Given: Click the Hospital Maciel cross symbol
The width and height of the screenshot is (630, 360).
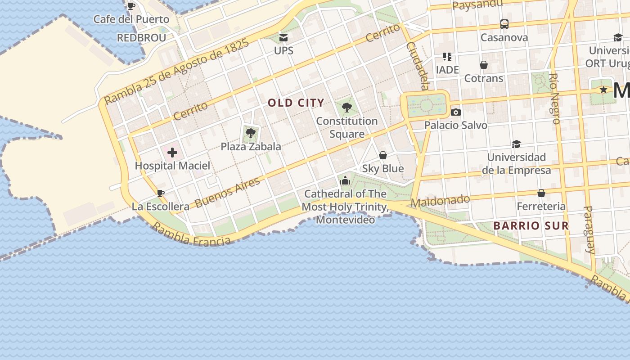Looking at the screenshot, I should [x=172, y=153].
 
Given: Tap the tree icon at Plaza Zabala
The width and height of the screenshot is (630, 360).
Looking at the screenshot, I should [x=251, y=133].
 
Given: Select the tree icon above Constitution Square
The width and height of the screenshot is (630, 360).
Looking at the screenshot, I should [x=346, y=108].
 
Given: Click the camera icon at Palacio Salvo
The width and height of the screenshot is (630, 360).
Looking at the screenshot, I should [x=455, y=112].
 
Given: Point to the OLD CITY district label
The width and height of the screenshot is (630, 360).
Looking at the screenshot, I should [x=296, y=103].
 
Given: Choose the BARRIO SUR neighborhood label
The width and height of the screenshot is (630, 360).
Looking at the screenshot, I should [x=531, y=226].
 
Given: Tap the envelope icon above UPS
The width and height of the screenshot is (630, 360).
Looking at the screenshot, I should [x=283, y=37].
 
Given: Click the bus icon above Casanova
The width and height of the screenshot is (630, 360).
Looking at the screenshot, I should [x=504, y=24].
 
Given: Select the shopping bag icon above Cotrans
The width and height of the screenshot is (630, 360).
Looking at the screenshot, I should [x=484, y=65].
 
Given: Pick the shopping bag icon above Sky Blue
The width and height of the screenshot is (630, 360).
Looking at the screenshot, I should [x=383, y=155].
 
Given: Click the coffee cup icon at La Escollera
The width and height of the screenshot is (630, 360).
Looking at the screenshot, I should [x=160, y=193].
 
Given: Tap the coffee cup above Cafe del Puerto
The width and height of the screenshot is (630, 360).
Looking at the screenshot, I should [x=131, y=6].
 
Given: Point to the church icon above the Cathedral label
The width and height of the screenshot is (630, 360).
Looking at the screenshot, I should [x=345, y=180].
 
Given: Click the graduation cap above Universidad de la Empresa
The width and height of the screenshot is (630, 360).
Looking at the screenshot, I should [x=516, y=144].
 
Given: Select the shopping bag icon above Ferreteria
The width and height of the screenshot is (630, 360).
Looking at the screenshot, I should [x=541, y=193].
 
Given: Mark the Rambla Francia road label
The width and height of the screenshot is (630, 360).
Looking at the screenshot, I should [x=192, y=235].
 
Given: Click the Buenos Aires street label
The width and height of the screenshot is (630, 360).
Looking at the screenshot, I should [x=228, y=193].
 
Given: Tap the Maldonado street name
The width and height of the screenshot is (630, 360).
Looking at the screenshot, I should [x=440, y=201].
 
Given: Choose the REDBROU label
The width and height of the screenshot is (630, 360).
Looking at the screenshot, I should [x=141, y=38].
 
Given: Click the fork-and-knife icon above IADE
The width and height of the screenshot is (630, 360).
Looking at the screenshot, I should [x=447, y=57].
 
